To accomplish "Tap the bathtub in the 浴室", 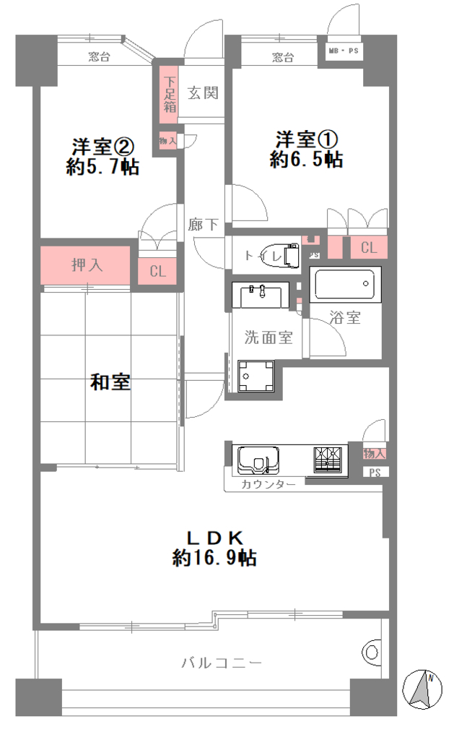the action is pos(345,283).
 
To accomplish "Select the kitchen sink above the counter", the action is pos(258,460).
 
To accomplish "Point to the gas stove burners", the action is pos(328,460).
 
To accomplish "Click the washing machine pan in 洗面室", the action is pos(256,376).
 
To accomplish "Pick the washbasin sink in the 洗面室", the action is pos(261,296).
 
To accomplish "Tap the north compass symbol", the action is pos(422,689).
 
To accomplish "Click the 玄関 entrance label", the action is pos(204,93).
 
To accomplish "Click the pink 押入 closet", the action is pos(85,265).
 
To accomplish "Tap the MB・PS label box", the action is pos(344,51).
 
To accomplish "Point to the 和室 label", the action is pos(110,382).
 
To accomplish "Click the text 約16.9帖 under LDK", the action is pos(214,558).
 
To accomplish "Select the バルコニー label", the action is pos(222,663).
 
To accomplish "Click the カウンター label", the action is pos(269,484).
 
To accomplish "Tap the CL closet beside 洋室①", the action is pos(369,247).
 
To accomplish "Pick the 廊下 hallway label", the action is pos(204,225).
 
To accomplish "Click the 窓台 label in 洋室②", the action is pos(99,57).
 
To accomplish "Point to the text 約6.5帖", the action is pos(307,160).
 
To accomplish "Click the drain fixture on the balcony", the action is pos(372,653).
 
